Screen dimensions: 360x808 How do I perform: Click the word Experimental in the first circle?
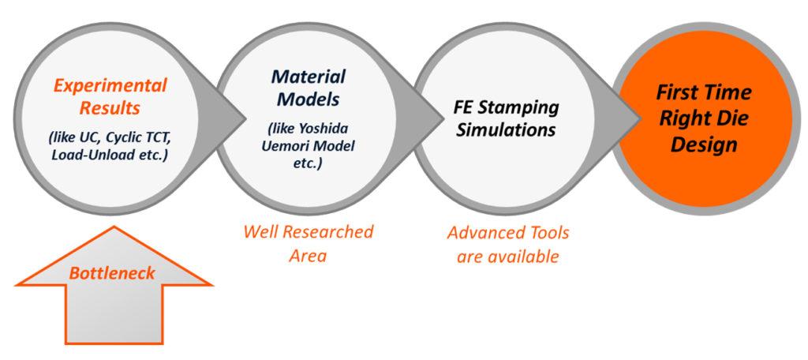click(x=110, y=85)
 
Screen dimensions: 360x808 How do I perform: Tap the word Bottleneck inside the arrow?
click(x=113, y=274)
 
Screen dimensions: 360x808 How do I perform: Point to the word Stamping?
click(x=528, y=107)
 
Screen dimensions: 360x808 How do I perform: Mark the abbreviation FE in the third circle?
click(x=466, y=107)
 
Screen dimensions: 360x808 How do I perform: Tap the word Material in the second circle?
click(x=309, y=77)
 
